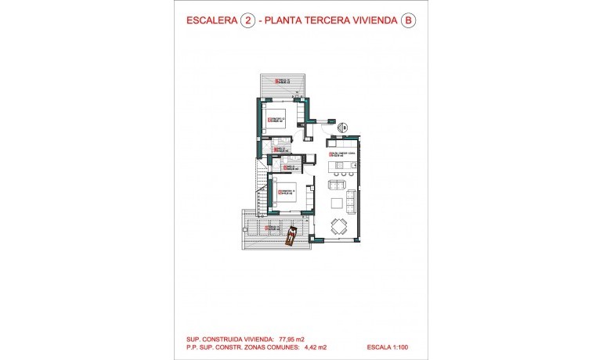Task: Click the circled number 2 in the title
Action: [249, 22]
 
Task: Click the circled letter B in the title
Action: [407, 22]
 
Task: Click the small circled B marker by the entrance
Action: [343, 126]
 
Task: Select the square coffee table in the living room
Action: [337, 203]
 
